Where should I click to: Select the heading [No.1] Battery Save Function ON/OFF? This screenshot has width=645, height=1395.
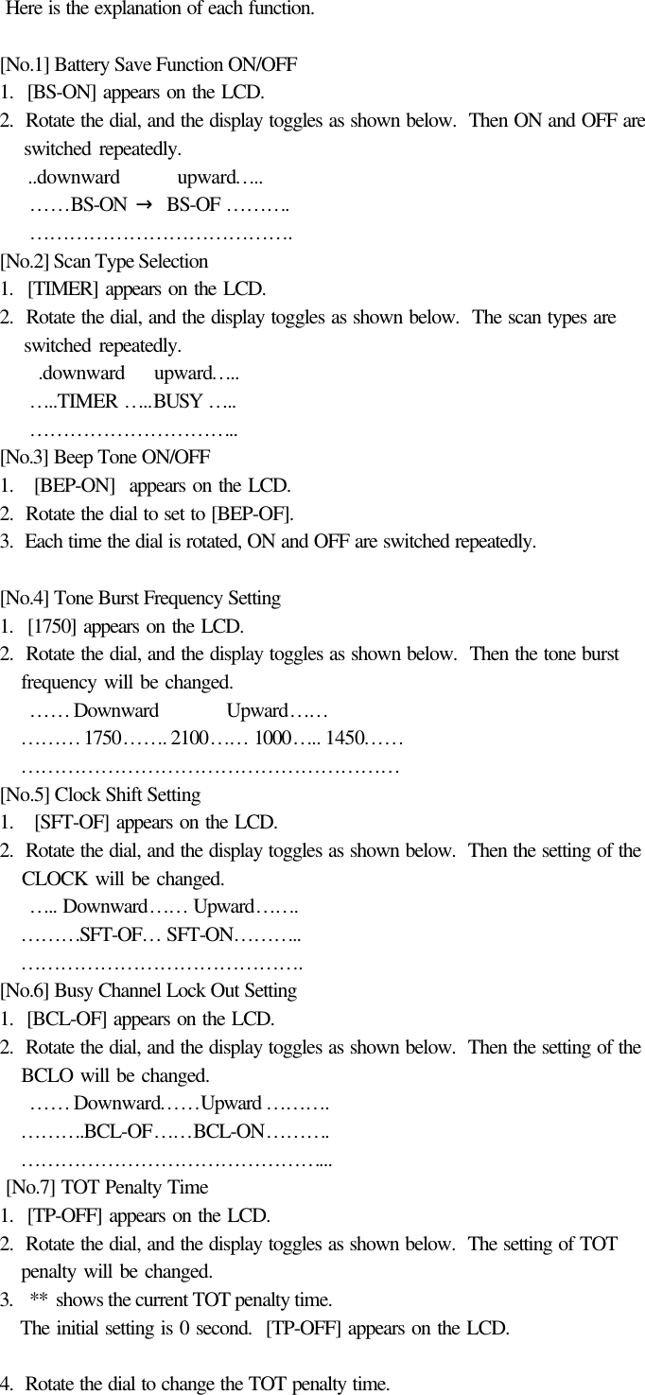point(148,65)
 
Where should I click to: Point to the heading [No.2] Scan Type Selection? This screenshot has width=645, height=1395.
point(104,261)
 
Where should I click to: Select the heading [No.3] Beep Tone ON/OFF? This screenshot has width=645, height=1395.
point(105,457)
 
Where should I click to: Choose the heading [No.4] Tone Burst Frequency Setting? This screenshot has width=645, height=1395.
point(140,598)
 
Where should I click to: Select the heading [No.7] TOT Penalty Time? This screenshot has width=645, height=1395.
point(107,1187)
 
